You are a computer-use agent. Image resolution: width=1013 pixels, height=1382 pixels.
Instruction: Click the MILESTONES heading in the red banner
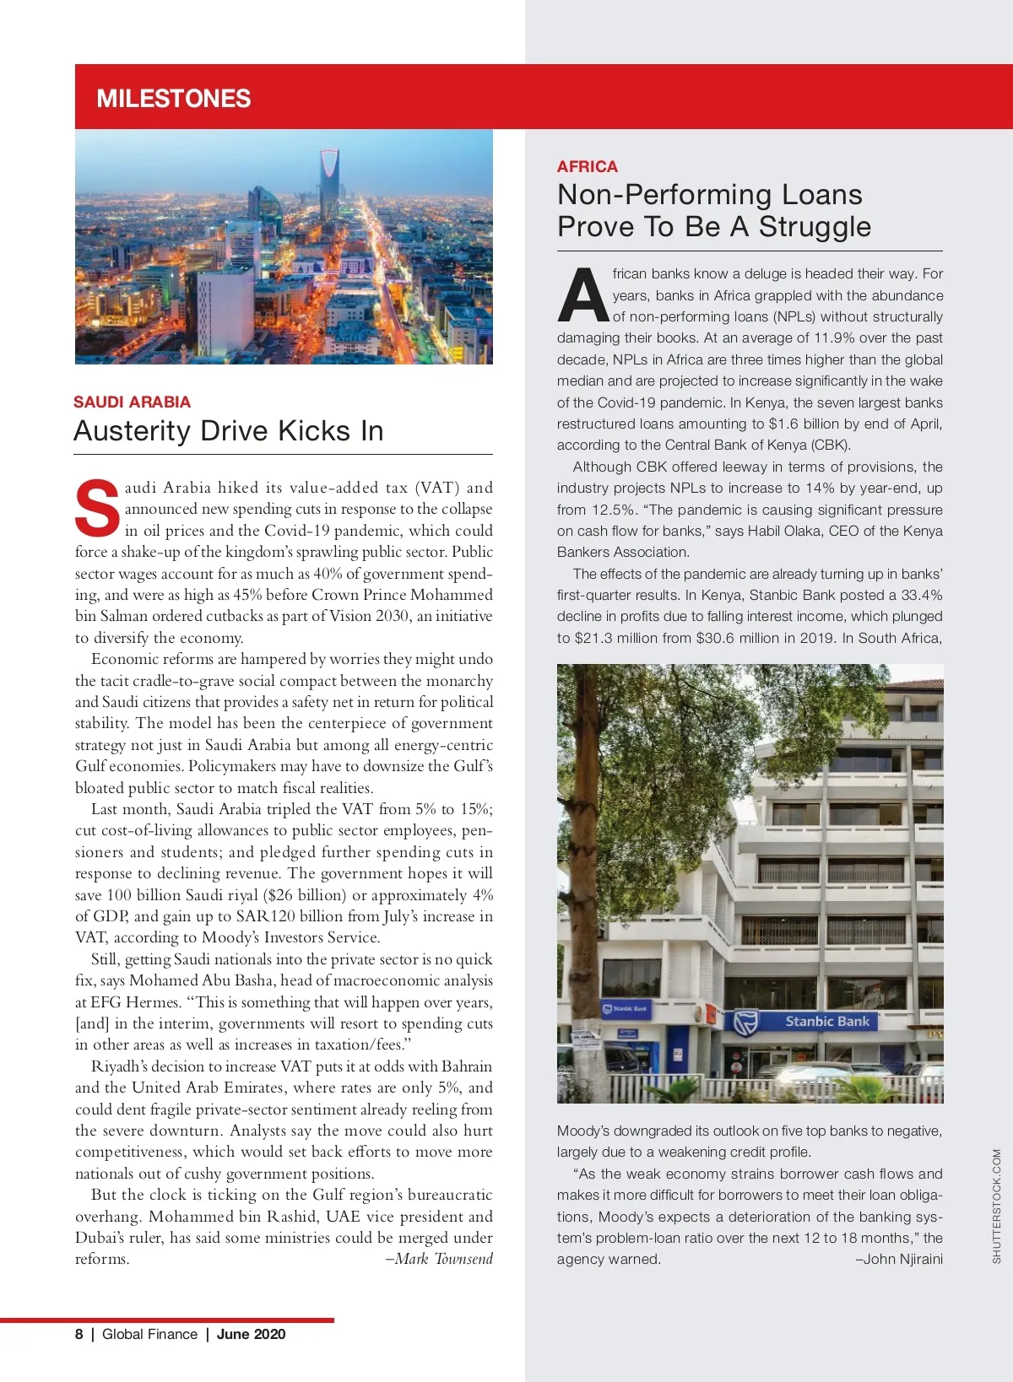point(174,99)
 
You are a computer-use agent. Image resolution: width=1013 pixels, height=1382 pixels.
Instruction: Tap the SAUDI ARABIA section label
point(132,402)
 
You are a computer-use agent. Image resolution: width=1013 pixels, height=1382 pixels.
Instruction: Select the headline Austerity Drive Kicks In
point(228,431)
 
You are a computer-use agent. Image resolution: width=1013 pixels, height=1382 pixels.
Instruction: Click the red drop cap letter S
point(97,509)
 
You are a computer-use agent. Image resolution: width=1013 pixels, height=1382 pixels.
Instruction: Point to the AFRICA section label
point(587,166)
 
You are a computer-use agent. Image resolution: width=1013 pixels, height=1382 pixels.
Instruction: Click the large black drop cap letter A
point(582,296)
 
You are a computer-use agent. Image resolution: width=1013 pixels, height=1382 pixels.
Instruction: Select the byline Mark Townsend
point(438,1259)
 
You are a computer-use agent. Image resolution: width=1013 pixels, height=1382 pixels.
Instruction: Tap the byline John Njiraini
point(899,1259)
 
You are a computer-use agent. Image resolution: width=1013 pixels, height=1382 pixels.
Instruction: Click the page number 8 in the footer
point(79,1334)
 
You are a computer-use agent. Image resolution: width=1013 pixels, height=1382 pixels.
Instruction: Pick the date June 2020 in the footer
point(251,1334)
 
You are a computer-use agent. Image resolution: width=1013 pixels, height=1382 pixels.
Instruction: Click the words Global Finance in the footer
point(149,1334)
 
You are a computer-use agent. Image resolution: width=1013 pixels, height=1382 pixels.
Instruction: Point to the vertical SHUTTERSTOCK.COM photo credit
point(996,1206)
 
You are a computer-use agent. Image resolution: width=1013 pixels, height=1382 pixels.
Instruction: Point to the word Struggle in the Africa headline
point(815,227)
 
